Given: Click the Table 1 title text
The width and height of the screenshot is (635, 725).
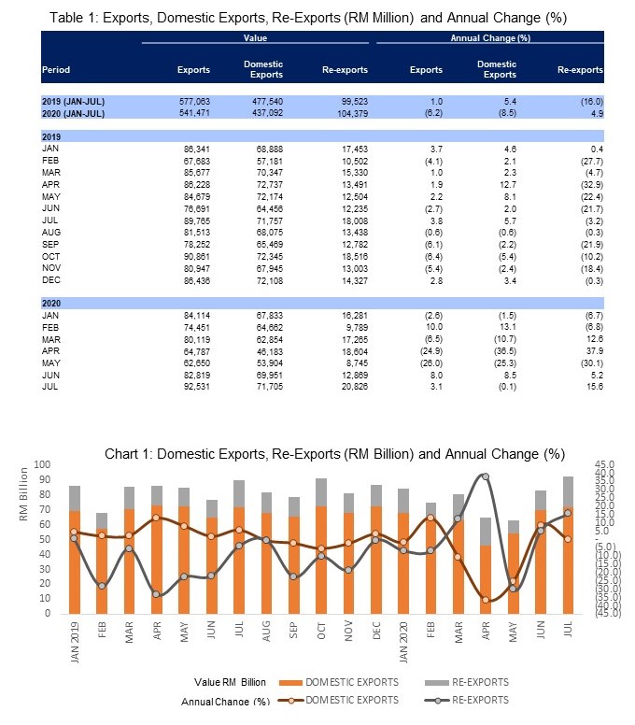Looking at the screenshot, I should click(x=307, y=18).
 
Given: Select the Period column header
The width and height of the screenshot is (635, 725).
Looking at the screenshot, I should click(x=56, y=70).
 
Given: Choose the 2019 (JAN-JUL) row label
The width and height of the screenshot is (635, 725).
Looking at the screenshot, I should click(x=74, y=100).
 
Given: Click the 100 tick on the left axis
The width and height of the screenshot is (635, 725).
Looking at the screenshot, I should click(x=43, y=464).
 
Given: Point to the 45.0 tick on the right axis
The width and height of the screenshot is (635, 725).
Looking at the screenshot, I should click(x=606, y=464).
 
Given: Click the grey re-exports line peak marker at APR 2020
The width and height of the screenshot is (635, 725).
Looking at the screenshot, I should click(x=485, y=476).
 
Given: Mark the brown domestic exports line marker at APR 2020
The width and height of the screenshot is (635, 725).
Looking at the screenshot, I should click(x=485, y=600).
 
